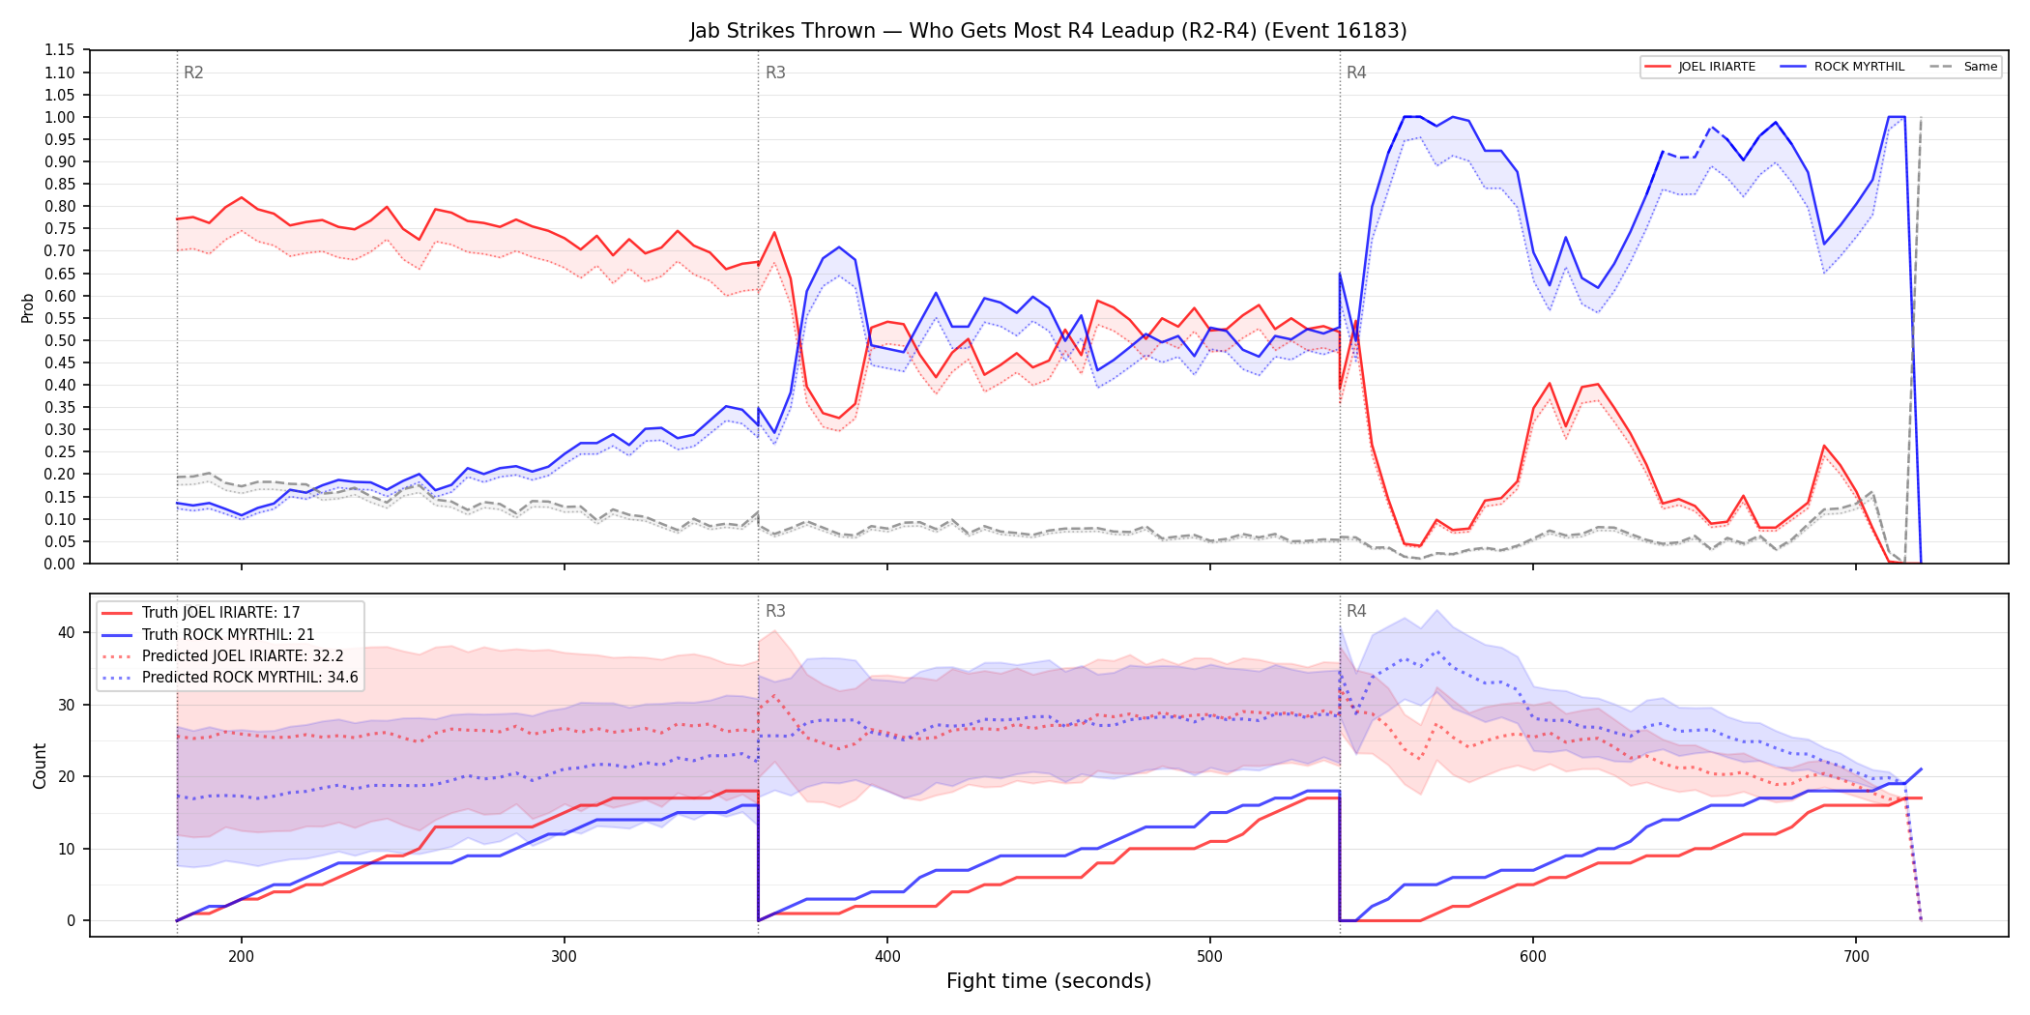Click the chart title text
pyautogui.click(x=1048, y=31)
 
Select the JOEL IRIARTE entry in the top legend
pyautogui.click(x=1700, y=67)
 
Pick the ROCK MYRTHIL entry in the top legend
pyautogui.click(x=1842, y=67)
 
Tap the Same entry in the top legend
pyautogui.click(x=1964, y=67)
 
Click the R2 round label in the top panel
pyautogui.click(x=193, y=72)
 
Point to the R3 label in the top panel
pyautogui.click(x=775, y=72)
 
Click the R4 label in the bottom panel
pyautogui.click(x=1356, y=611)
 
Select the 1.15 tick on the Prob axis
pyautogui.click(x=60, y=50)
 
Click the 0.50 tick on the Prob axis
pyautogui.click(x=60, y=340)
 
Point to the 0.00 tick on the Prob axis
pyautogui.click(x=60, y=564)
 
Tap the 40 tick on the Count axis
pyautogui.click(x=66, y=632)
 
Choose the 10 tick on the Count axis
pyautogui.click(x=66, y=849)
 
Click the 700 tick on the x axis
pyautogui.click(x=1856, y=956)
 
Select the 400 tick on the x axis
pyautogui.click(x=887, y=956)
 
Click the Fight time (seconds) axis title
pyautogui.click(x=1049, y=981)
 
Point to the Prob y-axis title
pyautogui.click(x=28, y=307)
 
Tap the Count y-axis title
pyautogui.click(x=40, y=766)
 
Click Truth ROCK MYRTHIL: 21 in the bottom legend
pyautogui.click(x=228, y=634)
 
